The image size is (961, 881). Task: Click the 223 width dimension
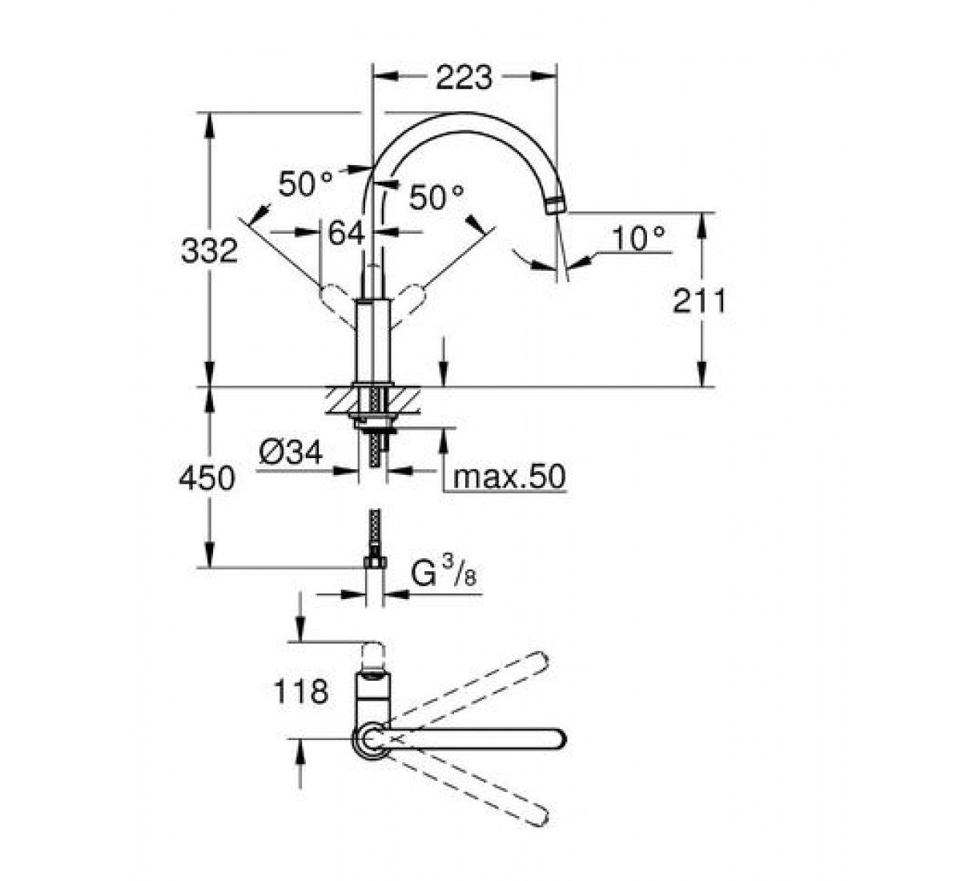coord(464,78)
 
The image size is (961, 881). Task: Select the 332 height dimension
coord(209,251)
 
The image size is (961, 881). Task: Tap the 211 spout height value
coord(699,301)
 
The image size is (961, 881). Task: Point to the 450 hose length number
coord(207,478)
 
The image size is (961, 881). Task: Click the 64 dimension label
coord(347,233)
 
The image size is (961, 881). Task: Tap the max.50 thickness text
coord(509,477)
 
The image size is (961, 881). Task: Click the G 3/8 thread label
coord(444,573)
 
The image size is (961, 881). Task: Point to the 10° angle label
coord(638,239)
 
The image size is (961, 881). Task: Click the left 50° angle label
coord(305,183)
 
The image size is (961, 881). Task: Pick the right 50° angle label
coord(436,198)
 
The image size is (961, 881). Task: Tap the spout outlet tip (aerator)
coord(557,205)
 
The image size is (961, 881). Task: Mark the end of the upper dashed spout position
coord(541,662)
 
